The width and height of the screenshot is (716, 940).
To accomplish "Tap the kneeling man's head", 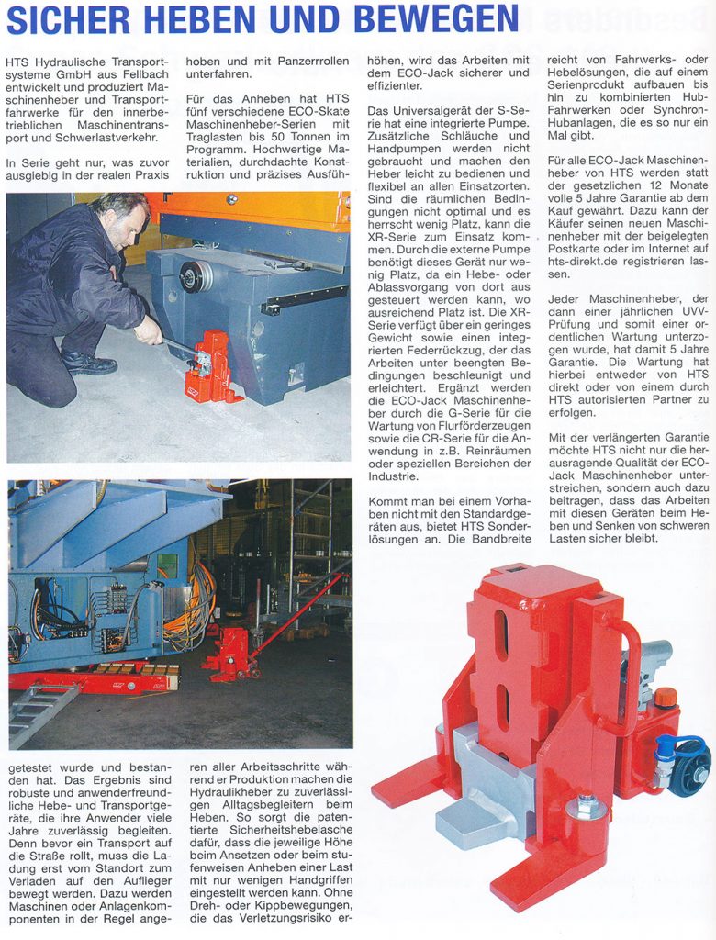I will coord(121,220).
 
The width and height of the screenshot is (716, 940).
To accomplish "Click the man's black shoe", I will coord(90,365).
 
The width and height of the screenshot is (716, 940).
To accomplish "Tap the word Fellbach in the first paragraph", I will coord(143,75).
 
